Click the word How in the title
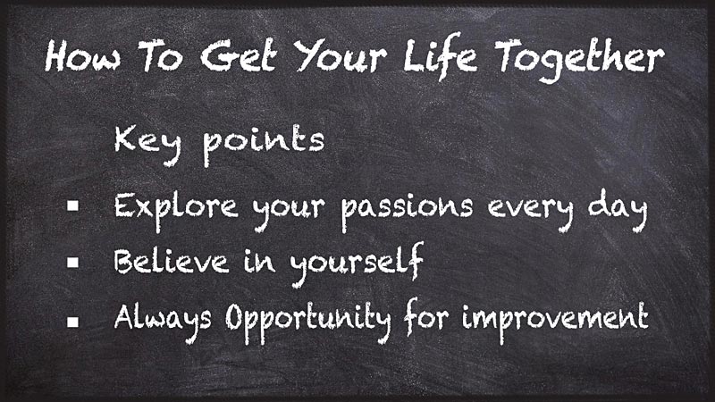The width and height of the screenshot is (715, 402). (80, 59)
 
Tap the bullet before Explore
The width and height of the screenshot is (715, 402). (74, 206)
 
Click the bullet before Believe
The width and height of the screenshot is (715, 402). (74, 263)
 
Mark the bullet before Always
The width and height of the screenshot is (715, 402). (74, 318)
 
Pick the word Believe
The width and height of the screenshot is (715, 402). (168, 263)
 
